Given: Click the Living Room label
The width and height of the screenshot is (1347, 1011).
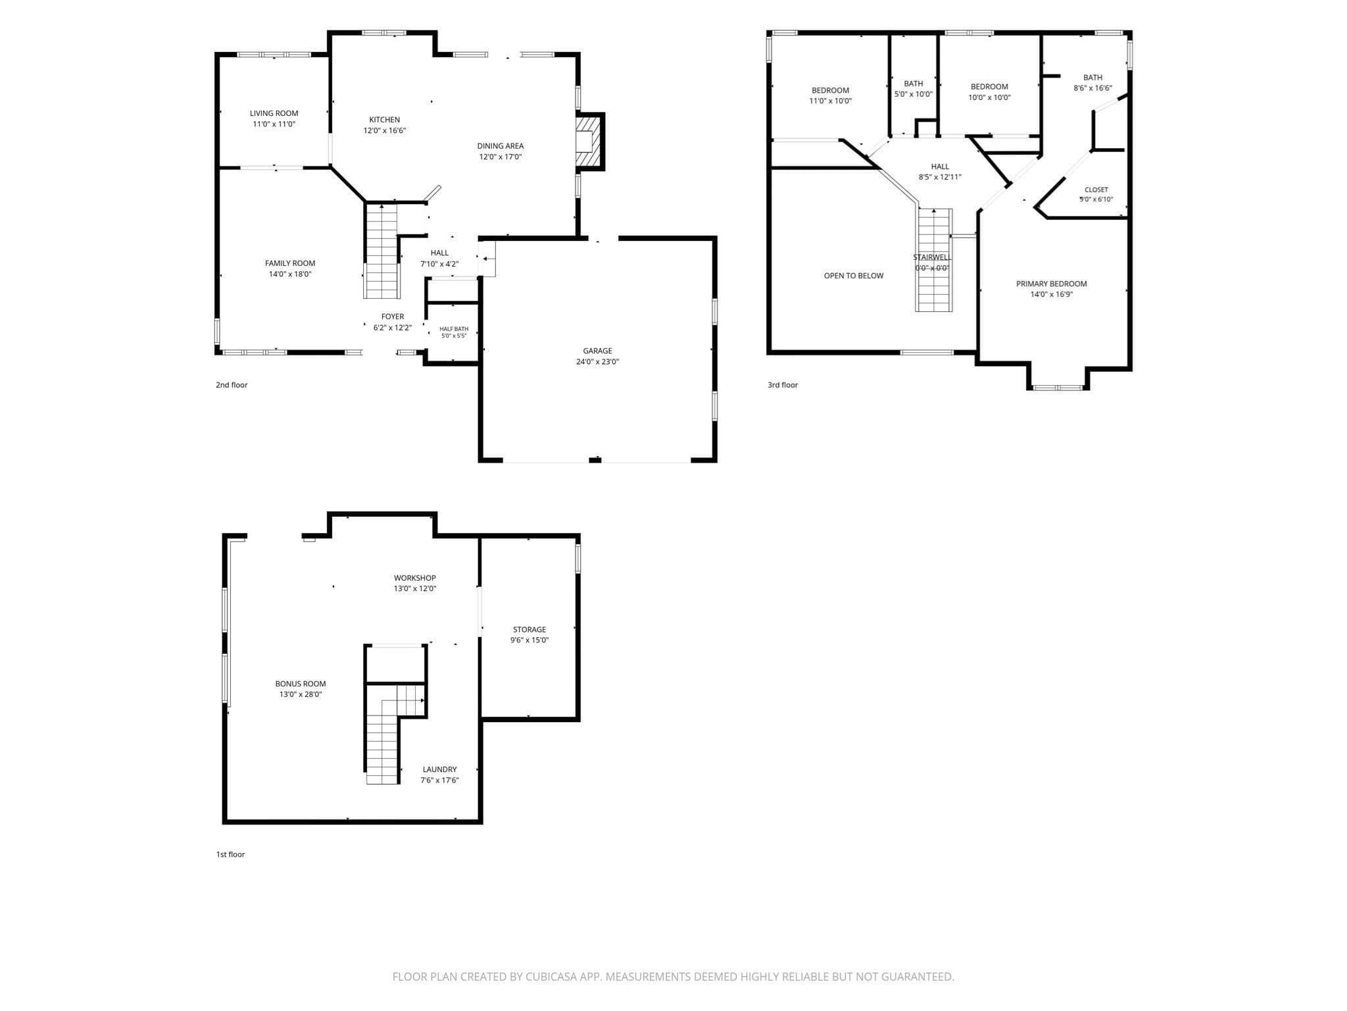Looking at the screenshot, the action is pos(274,113).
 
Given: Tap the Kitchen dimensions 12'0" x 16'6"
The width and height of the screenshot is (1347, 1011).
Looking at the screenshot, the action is pos(385,130).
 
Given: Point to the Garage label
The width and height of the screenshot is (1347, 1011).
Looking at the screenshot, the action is pos(597,351).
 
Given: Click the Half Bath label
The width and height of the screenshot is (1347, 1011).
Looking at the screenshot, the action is pos(454,329).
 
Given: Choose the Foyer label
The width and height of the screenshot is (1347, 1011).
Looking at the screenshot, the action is pos(393,317).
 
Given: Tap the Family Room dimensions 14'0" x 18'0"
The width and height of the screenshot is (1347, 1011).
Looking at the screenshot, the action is pos(290,274).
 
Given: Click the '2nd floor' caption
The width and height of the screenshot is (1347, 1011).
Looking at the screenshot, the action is pos(232,385).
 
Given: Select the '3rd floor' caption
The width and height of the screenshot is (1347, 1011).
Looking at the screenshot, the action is pos(783,385).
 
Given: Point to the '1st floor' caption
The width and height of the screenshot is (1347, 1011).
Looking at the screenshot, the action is pos(230,854).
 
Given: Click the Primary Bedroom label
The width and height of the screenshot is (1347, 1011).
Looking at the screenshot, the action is pos(1052,284).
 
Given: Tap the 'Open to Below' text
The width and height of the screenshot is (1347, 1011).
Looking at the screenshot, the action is pos(854,276).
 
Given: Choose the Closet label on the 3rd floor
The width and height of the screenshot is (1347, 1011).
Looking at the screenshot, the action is pos(1096,190).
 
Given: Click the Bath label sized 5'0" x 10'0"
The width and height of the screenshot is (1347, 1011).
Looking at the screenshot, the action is pos(914,84).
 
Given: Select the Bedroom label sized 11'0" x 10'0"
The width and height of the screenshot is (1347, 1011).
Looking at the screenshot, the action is pos(830,90).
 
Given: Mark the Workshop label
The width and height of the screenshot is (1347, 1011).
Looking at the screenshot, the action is pos(415,578).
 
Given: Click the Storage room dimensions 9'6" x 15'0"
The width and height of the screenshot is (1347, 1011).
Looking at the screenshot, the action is pos(529,640).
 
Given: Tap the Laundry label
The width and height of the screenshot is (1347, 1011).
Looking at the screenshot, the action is pos(439,769).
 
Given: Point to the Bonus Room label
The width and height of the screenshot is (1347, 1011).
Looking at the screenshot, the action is pos(301,684).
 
